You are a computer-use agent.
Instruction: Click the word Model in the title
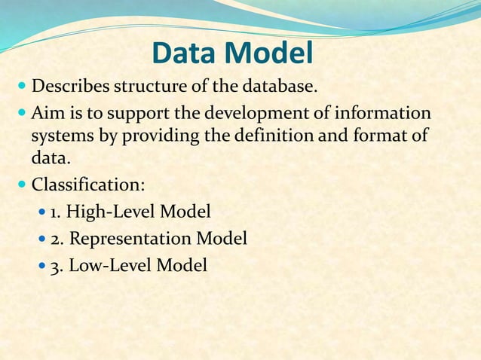271,53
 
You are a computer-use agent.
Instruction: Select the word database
274,87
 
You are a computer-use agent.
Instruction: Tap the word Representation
130,239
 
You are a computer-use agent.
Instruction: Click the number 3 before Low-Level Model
54,266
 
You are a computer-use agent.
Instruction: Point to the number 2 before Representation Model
54,239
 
